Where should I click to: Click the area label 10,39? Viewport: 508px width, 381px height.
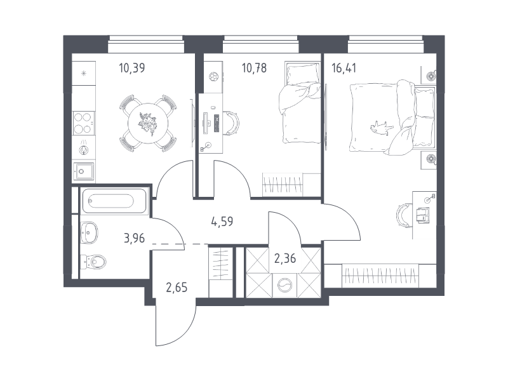pyautogui.click(x=132, y=68)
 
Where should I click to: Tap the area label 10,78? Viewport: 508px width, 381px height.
pyautogui.click(x=255, y=68)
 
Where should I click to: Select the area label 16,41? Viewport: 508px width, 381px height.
pyautogui.click(x=344, y=68)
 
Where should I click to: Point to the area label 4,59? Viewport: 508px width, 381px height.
pyautogui.click(x=222, y=222)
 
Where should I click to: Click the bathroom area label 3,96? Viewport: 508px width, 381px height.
pyautogui.click(x=135, y=239)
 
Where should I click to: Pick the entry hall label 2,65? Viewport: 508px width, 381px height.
pyautogui.click(x=177, y=288)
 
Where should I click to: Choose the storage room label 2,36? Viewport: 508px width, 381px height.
pyautogui.click(x=285, y=258)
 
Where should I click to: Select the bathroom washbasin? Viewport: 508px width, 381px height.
pyautogui.click(x=89, y=232)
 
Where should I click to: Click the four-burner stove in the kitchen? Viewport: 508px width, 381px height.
pyautogui.click(x=84, y=123)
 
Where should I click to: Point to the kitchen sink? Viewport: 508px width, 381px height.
pyautogui.click(x=84, y=171)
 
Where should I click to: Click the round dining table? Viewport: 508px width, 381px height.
pyautogui.click(x=148, y=123)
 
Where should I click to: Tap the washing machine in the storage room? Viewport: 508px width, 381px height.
pyautogui.click(x=284, y=285)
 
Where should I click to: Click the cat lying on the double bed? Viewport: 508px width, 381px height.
pyautogui.click(x=382, y=126)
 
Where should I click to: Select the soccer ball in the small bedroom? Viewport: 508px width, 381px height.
pyautogui.click(x=213, y=77)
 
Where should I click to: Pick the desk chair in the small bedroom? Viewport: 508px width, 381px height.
pyautogui.click(x=232, y=123)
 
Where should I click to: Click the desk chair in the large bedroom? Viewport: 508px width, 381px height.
pyautogui.click(x=404, y=215)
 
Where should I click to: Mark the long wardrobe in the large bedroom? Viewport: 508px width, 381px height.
pyautogui.click(x=380, y=276)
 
